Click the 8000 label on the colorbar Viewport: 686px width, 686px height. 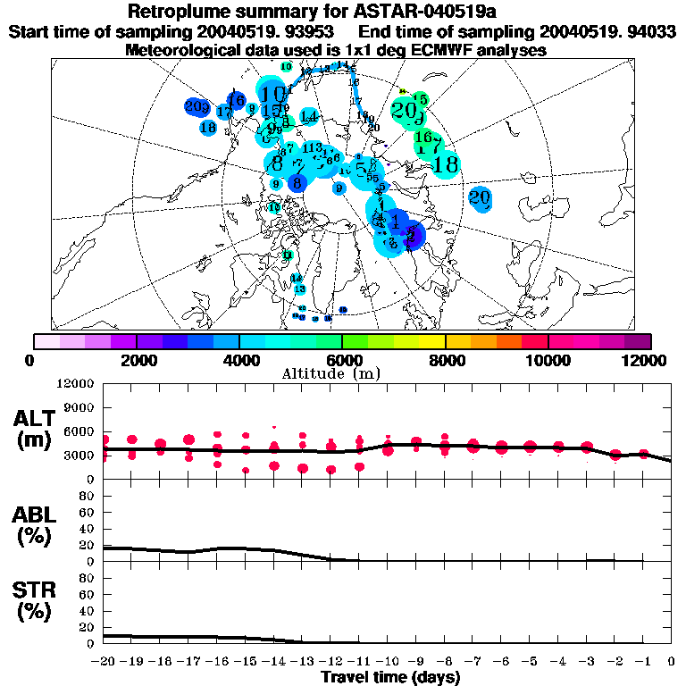coord(445,359)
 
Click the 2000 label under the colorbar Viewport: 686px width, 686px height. coord(136,359)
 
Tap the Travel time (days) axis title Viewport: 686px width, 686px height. coord(390,677)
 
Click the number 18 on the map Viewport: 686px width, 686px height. coord(445,164)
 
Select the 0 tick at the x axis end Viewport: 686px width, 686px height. coord(671,661)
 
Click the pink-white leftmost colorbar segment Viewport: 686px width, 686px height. coord(46,341)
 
